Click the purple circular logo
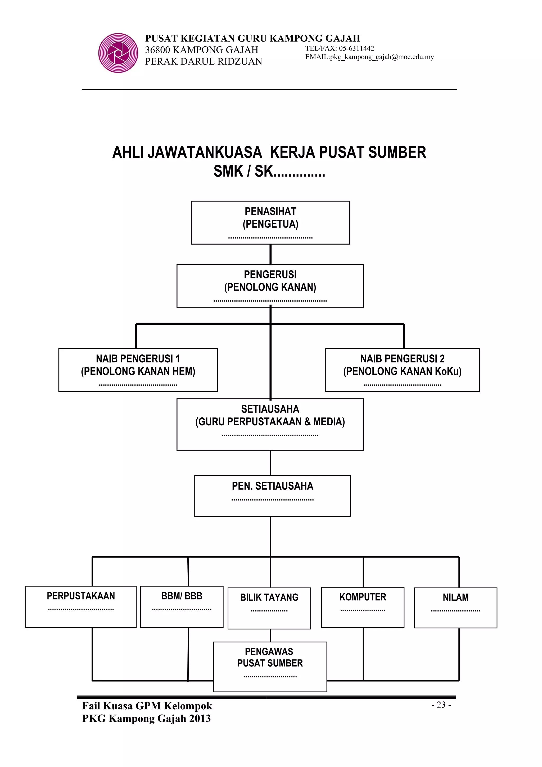pos(118,53)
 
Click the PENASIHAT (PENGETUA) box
pos(270,223)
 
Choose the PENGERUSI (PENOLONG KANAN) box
pos(270,286)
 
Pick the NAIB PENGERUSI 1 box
pos(138,369)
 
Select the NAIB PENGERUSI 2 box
pos(402,369)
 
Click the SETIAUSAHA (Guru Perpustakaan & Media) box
pos(270,424)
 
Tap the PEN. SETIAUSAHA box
pos(273,496)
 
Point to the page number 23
pos(441,705)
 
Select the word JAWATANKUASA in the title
pos(204,152)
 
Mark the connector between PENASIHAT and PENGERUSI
pos(270,254)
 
